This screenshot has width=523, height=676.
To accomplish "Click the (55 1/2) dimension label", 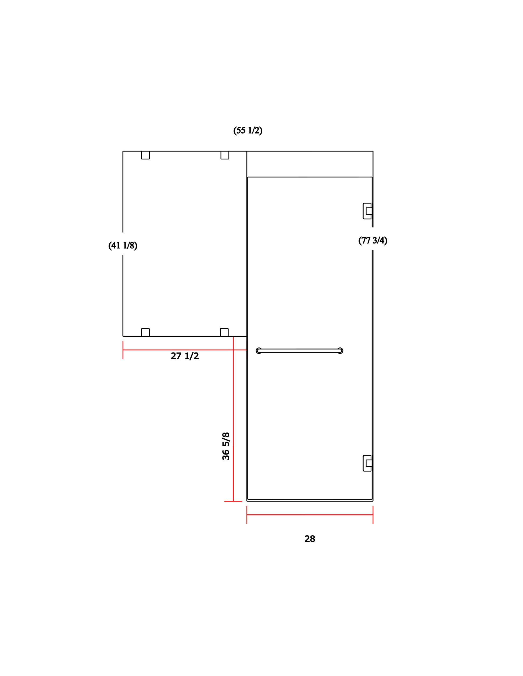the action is tap(248, 130).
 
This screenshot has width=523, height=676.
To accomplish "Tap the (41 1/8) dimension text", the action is tap(123, 245).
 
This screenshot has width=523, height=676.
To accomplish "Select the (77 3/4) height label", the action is tap(373, 241).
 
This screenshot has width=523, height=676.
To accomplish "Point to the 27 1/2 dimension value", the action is tap(185, 356).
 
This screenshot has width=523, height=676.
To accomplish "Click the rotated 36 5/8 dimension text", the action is tap(226, 446).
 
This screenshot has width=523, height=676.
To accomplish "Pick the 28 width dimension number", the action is tap(310, 539).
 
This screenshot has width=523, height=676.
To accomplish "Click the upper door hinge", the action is tap(367, 211).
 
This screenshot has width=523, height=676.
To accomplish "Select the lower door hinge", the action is tap(367, 463).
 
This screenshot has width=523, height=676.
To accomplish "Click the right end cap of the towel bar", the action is tap(340, 350).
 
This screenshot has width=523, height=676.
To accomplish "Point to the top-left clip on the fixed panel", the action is tap(145, 155).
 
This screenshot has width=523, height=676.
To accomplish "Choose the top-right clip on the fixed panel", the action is tap(225, 155).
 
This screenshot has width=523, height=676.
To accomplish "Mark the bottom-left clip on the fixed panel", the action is tap(145, 332).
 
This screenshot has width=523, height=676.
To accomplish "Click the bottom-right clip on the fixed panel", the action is tap(224, 332).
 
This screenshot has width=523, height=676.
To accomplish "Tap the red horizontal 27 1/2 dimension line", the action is tap(185, 350).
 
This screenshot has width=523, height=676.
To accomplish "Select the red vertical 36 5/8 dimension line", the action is tap(233, 419).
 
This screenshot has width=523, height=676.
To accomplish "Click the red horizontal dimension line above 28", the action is tap(310, 515).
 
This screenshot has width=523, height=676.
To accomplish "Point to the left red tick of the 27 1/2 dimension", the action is tap(123, 350).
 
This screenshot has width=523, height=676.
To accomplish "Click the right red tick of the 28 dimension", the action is tap(373, 515).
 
